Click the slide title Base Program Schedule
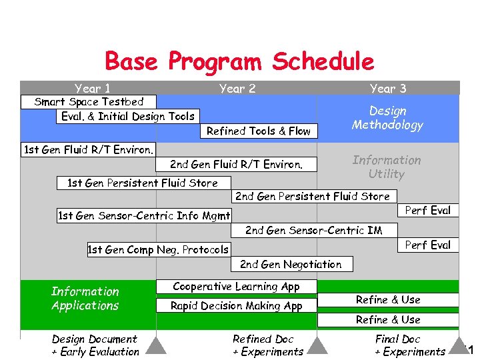[239, 62]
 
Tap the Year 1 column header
[93, 88]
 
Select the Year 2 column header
[237, 88]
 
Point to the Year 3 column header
[388, 88]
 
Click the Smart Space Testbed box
[89, 102]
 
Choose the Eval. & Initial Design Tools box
[128, 116]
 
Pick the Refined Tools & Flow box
[259, 131]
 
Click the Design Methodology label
[388, 118]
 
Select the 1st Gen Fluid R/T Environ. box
[89, 149]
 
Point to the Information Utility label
[387, 167]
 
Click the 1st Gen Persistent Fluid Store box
[143, 183]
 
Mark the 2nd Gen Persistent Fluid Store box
[313, 196]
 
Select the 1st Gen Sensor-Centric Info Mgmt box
[144, 215]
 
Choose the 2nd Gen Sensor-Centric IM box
[314, 230]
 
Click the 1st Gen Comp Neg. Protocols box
[158, 250]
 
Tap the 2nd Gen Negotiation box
[291, 264]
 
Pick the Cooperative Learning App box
[237, 286]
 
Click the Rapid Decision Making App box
[237, 305]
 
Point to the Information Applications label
[85, 298]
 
